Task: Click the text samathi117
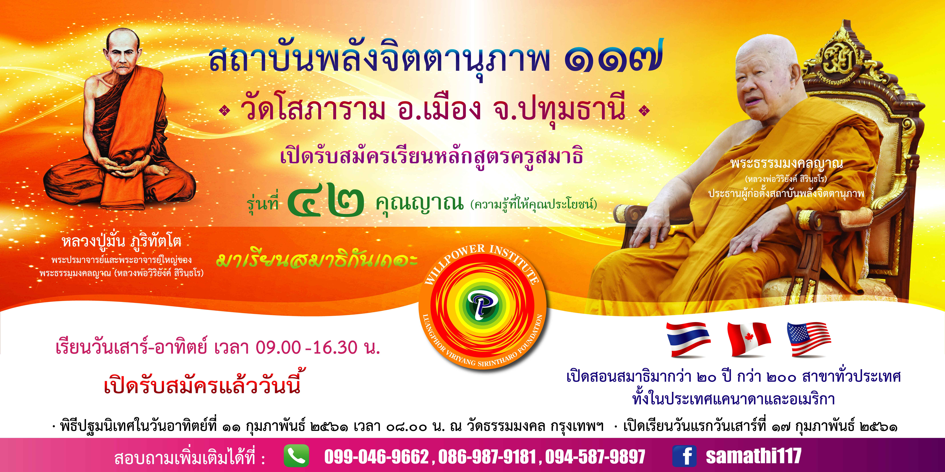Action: click(x=754, y=456)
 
